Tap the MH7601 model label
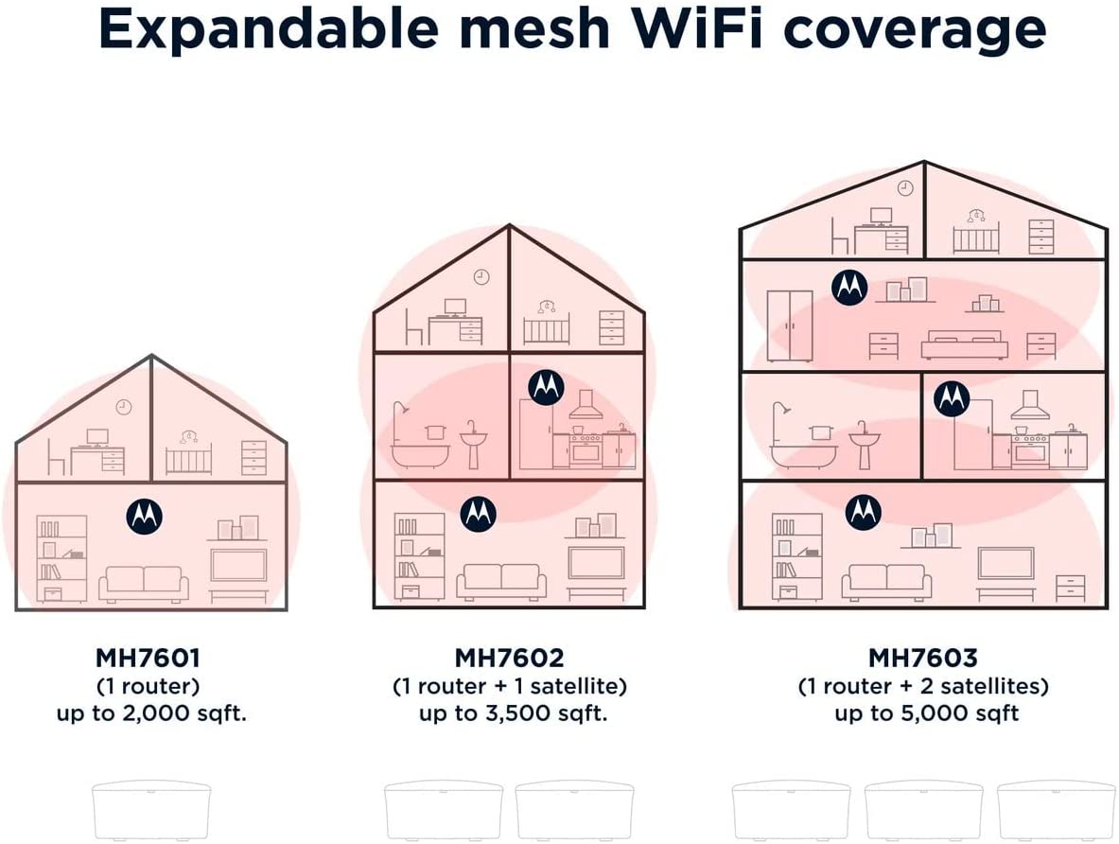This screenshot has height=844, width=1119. click(149, 658)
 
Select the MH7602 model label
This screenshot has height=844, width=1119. click(510, 658)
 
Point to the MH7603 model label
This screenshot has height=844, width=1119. click(923, 658)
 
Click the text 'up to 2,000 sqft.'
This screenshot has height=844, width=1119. click(151, 713)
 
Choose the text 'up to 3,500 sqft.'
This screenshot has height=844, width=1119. click(513, 713)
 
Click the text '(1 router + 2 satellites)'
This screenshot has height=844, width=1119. click(923, 686)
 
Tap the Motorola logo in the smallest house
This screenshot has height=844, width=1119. click(144, 517)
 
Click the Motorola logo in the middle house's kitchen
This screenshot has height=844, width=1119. click(546, 388)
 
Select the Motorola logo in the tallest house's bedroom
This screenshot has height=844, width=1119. click(849, 287)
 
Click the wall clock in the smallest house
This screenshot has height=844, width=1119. click(124, 407)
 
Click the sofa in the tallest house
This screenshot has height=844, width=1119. click(887, 582)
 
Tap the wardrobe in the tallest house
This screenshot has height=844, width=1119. click(790, 325)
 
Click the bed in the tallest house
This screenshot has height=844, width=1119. click(965, 344)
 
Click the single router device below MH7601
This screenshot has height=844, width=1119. click(151, 811)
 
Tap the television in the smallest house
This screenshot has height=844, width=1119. click(240, 564)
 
